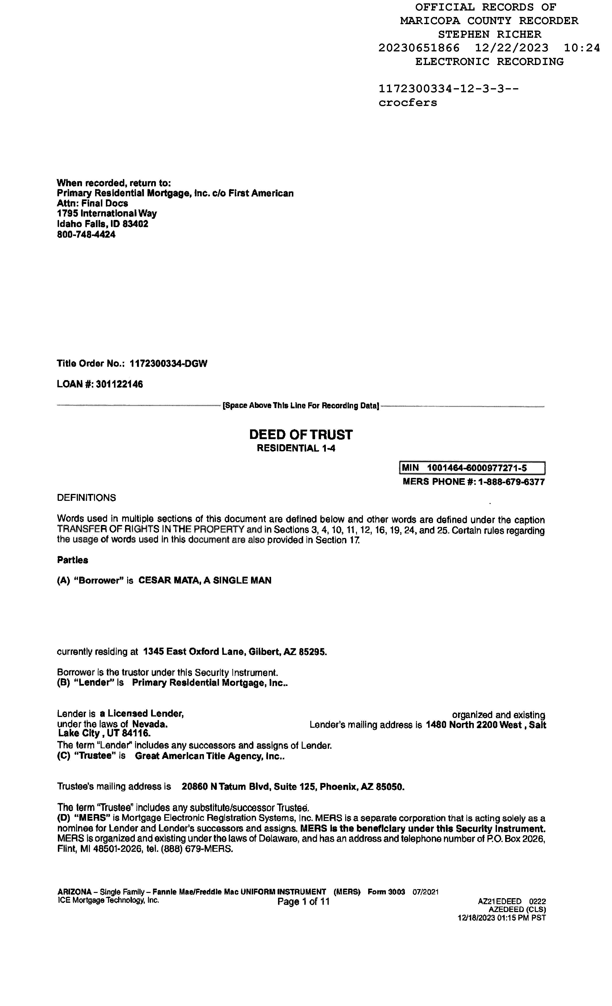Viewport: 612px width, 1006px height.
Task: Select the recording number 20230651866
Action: pyautogui.click(x=419, y=48)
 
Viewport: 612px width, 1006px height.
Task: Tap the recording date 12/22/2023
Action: pyautogui.click(x=512, y=48)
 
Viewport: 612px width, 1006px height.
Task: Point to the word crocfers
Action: pyautogui.click(x=407, y=103)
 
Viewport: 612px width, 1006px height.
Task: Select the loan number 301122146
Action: pyautogui.click(x=119, y=384)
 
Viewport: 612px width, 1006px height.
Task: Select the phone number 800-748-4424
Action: pyautogui.click(x=86, y=235)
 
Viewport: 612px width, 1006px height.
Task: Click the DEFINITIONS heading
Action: pyautogui.click(x=86, y=498)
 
